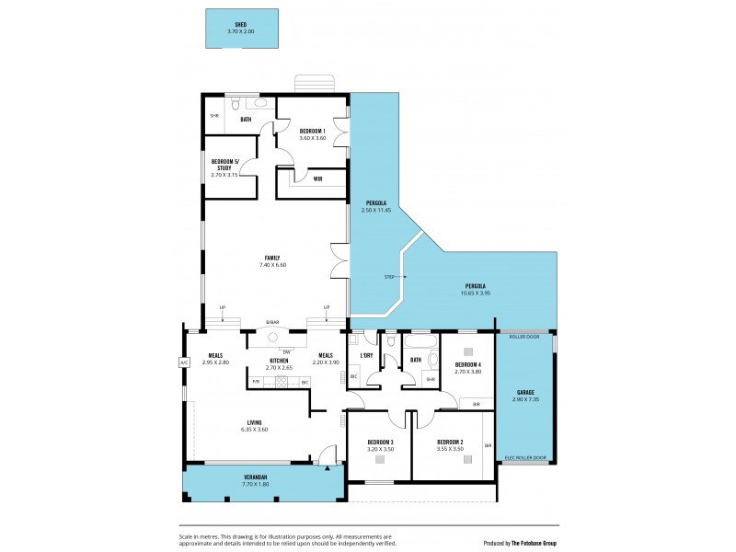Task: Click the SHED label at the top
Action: click(241, 25)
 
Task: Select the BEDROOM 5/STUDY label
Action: click(224, 165)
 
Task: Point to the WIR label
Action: click(317, 178)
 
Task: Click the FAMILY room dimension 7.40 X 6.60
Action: click(273, 265)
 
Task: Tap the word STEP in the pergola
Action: click(389, 276)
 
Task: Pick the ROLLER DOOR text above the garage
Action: click(523, 337)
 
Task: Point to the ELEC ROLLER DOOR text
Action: click(524, 457)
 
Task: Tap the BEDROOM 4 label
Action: click(468, 365)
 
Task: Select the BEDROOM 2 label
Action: click(450, 443)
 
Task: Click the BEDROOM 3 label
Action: click(380, 443)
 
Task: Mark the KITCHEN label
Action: click(278, 360)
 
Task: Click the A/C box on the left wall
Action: click(183, 362)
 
